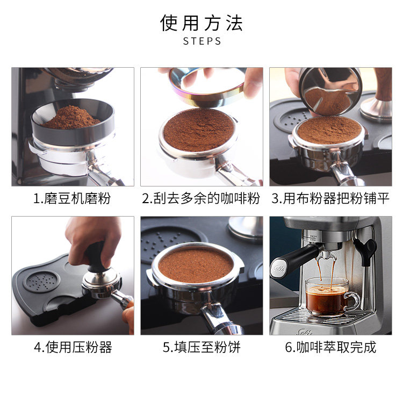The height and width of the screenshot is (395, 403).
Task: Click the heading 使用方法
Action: [201, 23]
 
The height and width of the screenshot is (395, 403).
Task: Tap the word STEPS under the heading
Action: [202, 41]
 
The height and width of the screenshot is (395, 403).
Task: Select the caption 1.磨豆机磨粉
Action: [72, 198]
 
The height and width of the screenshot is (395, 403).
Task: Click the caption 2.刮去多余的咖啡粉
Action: [201, 198]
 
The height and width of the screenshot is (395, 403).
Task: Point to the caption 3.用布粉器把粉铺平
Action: [330, 198]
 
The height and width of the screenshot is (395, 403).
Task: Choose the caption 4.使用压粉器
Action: [73, 347]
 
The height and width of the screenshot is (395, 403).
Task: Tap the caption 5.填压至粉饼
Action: [201, 347]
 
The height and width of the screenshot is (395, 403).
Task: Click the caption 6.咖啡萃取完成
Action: [330, 347]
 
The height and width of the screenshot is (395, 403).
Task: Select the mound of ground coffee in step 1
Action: [71, 118]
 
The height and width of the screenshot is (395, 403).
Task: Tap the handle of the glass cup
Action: [354, 300]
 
